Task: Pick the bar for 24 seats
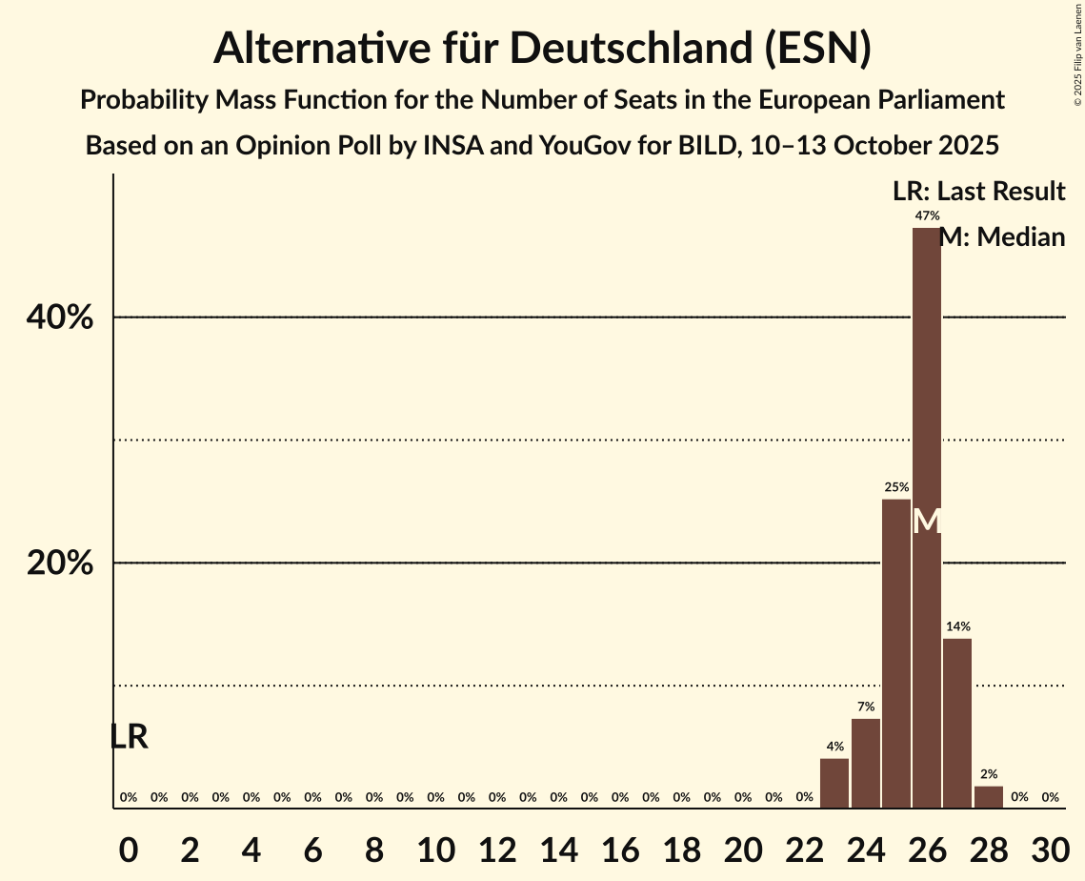865,763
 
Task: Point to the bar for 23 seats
834,783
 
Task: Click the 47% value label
926,216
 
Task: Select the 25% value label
895,487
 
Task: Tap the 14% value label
957,626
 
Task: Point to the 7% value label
865,707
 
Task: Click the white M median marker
926,522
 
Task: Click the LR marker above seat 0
129,737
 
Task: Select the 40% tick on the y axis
60,318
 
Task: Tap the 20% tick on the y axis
60,563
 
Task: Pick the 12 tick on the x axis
496,848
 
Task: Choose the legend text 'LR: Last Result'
978,192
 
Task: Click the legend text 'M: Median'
1001,237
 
